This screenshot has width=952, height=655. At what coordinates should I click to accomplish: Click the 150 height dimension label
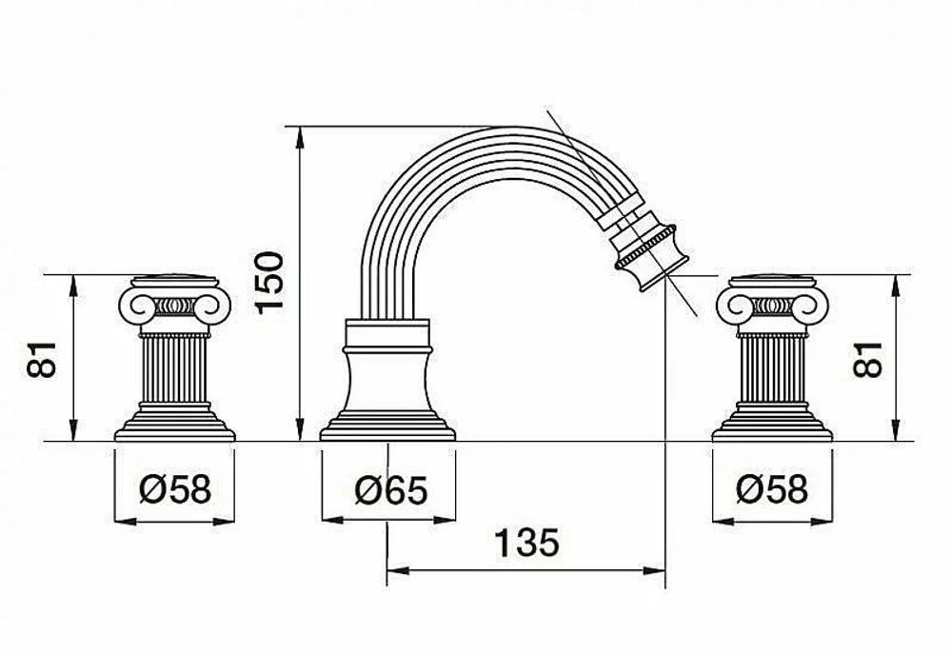tap(269, 282)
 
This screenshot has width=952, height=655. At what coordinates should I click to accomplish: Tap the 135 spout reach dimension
tap(526, 543)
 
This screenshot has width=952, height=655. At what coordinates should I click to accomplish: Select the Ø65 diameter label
tap(391, 490)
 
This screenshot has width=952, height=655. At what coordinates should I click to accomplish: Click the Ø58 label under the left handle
tap(175, 488)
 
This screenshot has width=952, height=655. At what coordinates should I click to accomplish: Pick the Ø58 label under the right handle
tap(772, 488)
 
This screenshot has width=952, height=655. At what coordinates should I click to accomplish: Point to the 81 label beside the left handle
tap(42, 359)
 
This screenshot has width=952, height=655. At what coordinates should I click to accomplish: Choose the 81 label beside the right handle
tap(867, 359)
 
